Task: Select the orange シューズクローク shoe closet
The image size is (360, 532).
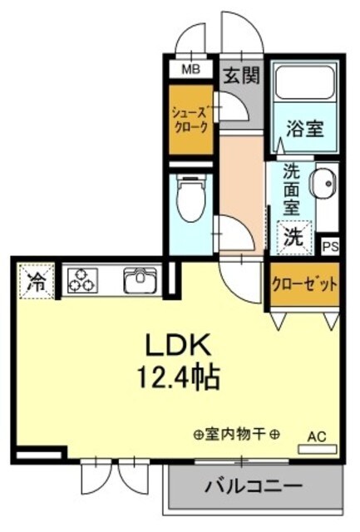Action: [190, 120]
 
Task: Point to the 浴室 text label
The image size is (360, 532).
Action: [304, 131]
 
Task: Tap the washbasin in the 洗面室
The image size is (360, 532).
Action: [322, 182]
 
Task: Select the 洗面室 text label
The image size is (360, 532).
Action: [292, 190]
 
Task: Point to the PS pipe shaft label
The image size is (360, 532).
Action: [330, 246]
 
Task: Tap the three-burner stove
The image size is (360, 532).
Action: [83, 280]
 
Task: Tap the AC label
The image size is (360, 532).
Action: [317, 435]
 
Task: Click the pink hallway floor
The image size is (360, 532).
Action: [241, 175]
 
